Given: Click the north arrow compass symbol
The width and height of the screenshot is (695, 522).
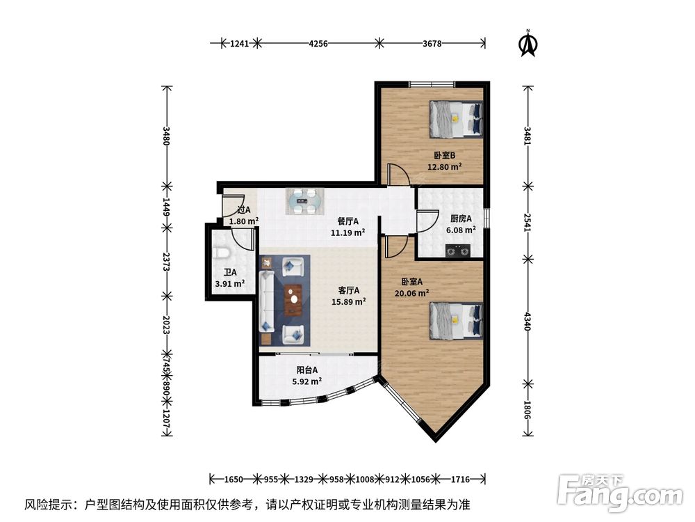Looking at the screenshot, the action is click(528, 43).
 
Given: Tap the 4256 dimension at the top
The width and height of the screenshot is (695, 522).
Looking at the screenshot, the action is click(318, 43).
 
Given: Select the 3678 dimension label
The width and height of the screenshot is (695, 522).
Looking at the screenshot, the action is click(432, 43).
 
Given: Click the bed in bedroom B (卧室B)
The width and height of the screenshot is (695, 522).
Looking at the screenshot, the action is click(455, 120).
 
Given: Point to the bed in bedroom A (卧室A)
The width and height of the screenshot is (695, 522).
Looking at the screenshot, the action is click(455, 320).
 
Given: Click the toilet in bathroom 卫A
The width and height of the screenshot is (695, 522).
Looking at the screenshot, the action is click(222, 253).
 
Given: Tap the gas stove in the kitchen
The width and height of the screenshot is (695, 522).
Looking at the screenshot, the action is click(458, 251).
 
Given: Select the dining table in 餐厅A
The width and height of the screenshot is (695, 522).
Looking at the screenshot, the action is click(304, 202).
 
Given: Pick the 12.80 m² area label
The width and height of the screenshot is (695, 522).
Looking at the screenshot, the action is click(445, 167).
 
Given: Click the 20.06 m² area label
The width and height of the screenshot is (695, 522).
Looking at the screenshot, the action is click(411, 293).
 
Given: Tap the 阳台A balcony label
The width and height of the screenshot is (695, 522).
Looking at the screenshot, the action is click(306, 370).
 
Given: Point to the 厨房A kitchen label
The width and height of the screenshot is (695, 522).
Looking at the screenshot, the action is click(461, 219).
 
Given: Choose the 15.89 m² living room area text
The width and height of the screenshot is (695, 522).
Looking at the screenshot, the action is click(349, 302).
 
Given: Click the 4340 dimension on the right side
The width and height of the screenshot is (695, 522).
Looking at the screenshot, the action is click(528, 321).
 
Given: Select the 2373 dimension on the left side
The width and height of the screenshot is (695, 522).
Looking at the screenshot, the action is click(166, 262).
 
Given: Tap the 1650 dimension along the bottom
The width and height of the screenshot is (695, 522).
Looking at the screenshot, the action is click(234, 480).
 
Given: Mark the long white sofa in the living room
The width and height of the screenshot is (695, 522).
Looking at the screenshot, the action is click(266, 301).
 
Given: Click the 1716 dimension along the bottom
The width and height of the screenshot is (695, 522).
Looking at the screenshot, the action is click(461, 480).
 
